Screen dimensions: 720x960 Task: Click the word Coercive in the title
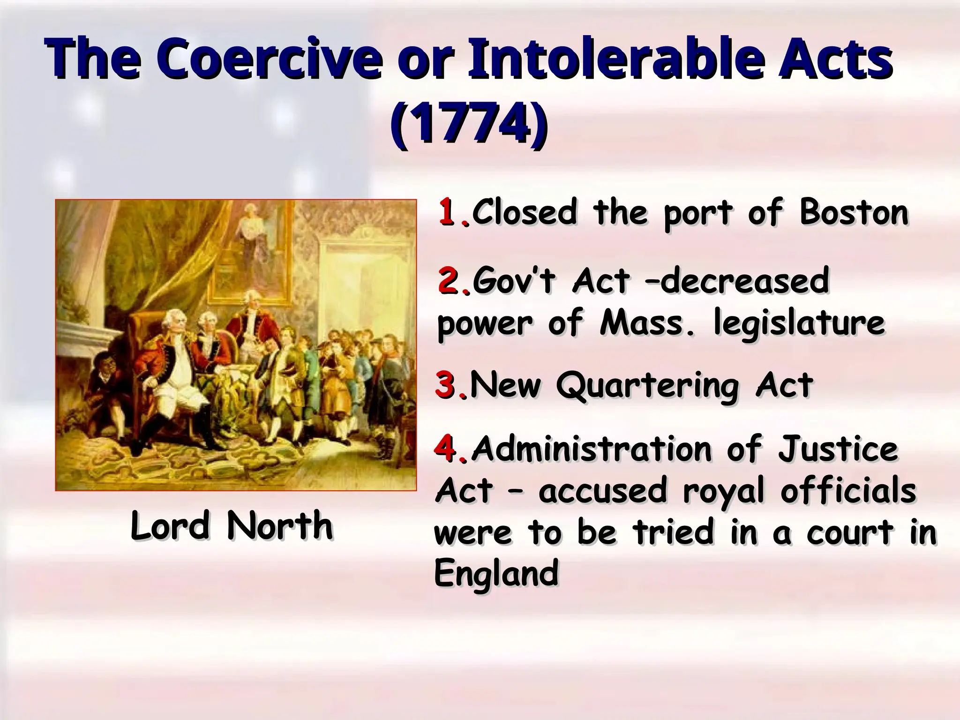click(x=270, y=61)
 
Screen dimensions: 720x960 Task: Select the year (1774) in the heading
click(x=469, y=125)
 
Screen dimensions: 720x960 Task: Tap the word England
click(x=496, y=573)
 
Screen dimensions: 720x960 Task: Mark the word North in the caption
click(x=280, y=525)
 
